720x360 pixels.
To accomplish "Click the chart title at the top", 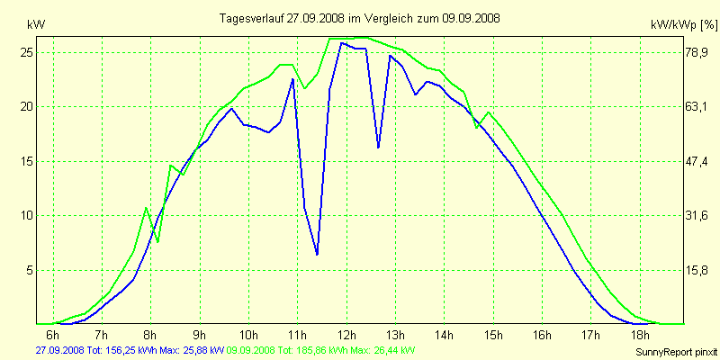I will point(361,18).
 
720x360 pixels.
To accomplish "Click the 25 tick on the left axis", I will point(26,52).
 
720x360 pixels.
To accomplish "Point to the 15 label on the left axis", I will point(26,161).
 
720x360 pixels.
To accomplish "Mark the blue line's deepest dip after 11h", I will point(317,255).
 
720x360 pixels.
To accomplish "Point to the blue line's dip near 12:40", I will point(378,147).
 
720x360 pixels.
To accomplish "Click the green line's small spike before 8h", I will point(146,208).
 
